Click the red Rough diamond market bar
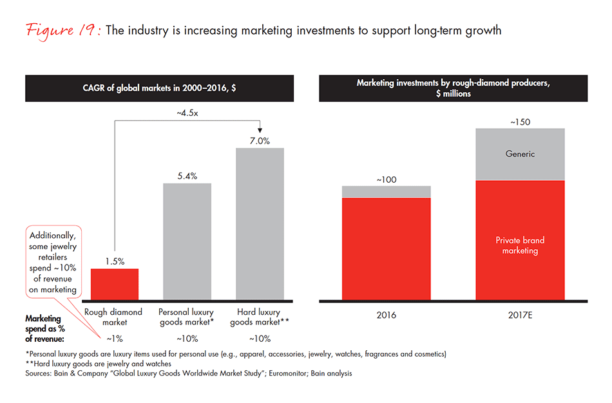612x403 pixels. [x=114, y=284]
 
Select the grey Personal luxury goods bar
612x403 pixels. [x=187, y=241]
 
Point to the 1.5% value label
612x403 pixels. [x=114, y=261]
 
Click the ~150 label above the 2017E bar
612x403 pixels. [x=520, y=121]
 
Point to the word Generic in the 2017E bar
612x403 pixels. [x=520, y=154]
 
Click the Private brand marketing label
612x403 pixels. [x=520, y=245]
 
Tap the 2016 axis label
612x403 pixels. [x=386, y=315]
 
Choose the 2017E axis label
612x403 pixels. [x=520, y=315]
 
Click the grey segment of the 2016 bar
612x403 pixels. [x=386, y=191]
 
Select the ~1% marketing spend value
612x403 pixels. [x=114, y=339]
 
